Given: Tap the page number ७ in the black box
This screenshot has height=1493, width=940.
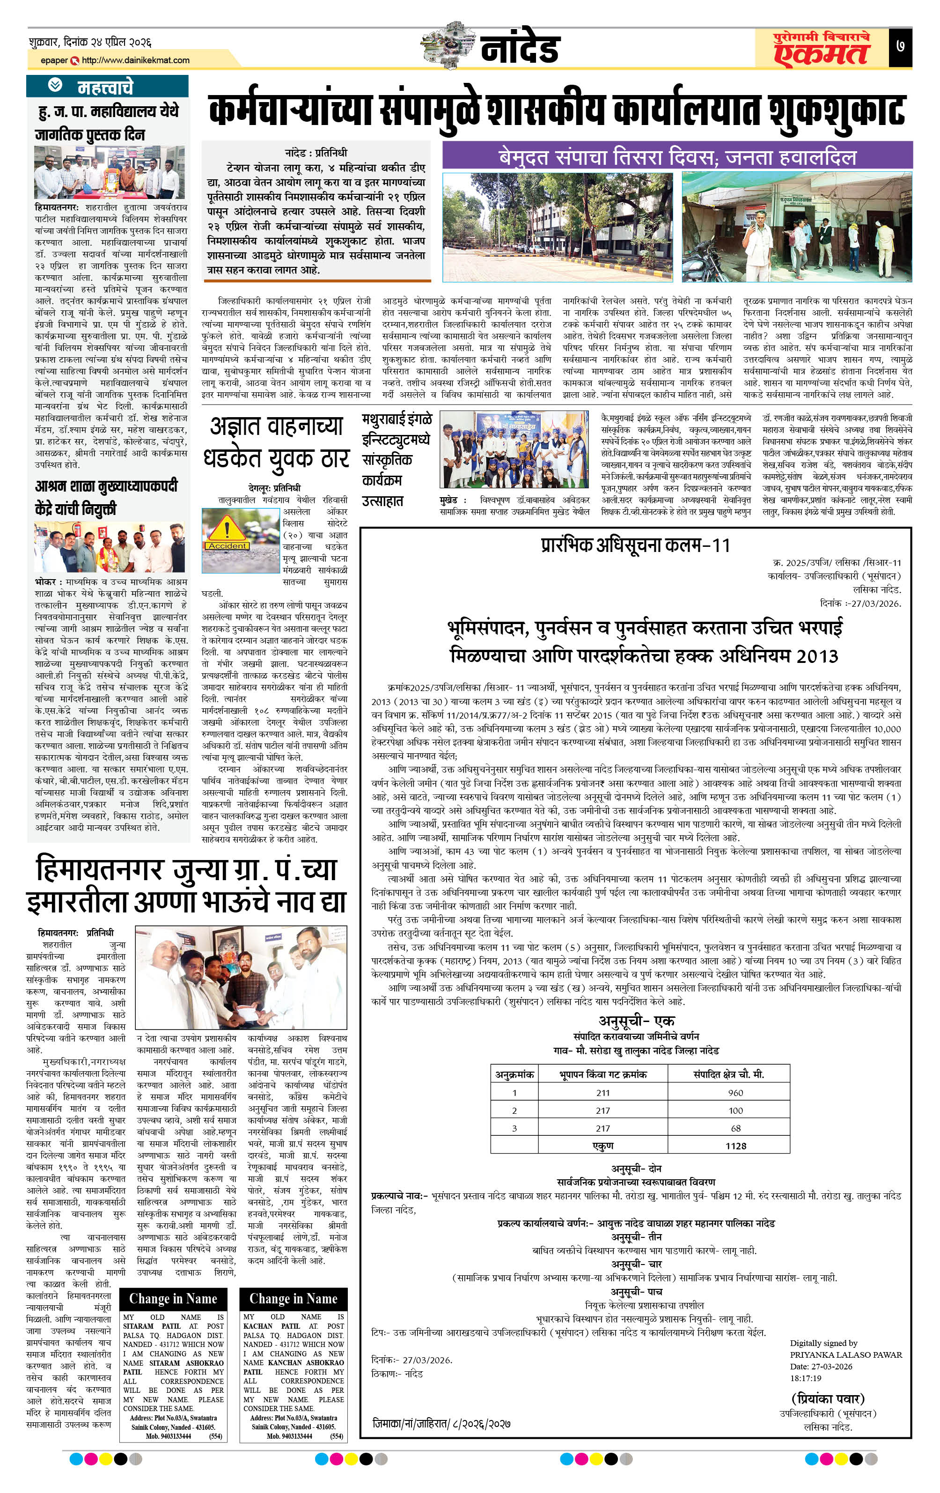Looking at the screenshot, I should [900, 47].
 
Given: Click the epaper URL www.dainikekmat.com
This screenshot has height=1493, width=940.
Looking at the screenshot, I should [135, 60].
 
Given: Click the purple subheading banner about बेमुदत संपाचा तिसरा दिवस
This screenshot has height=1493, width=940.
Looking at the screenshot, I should [676, 155].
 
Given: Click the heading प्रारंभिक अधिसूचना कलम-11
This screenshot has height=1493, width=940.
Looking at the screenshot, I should [635, 545].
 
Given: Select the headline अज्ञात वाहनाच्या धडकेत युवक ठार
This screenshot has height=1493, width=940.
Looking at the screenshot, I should [276, 442].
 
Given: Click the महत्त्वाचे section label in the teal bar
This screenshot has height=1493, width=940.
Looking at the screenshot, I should [105, 87].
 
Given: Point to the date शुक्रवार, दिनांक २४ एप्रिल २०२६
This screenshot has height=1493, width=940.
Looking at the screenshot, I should [90, 42].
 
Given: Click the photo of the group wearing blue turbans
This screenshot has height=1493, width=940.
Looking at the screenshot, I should [514, 449].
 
